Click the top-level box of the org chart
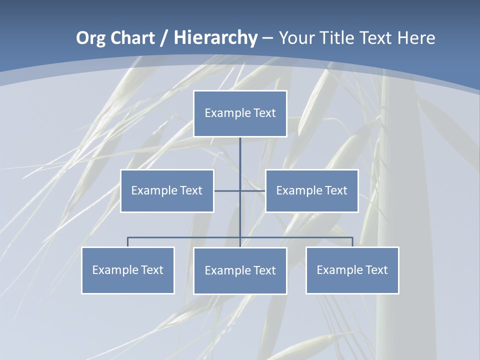(240, 113)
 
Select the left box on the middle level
(167, 191)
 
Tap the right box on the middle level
(311, 191)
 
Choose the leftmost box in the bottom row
(128, 270)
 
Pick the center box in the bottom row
(240, 271)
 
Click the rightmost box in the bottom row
(352, 270)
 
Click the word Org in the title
(90, 38)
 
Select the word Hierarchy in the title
(215, 38)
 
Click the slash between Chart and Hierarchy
(165, 38)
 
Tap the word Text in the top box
(264, 113)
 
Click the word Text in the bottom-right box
(376, 270)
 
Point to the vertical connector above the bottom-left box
(128, 242)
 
